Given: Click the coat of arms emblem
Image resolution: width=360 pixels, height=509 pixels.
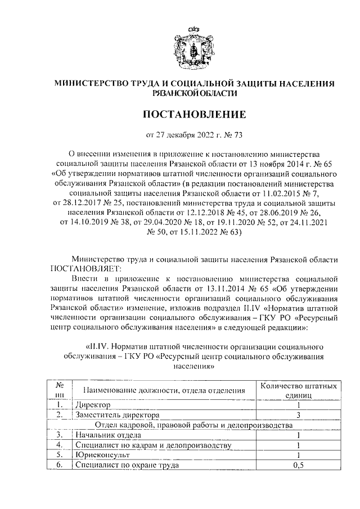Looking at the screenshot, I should pyautogui.click(x=194, y=46).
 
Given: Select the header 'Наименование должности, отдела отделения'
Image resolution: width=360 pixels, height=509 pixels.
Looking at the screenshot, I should pyautogui.click(x=163, y=390).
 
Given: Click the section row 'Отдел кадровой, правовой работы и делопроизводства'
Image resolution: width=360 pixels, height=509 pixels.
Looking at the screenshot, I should pyautogui.click(x=194, y=425).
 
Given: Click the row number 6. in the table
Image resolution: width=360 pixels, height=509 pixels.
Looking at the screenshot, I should pyautogui.click(x=58, y=466).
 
